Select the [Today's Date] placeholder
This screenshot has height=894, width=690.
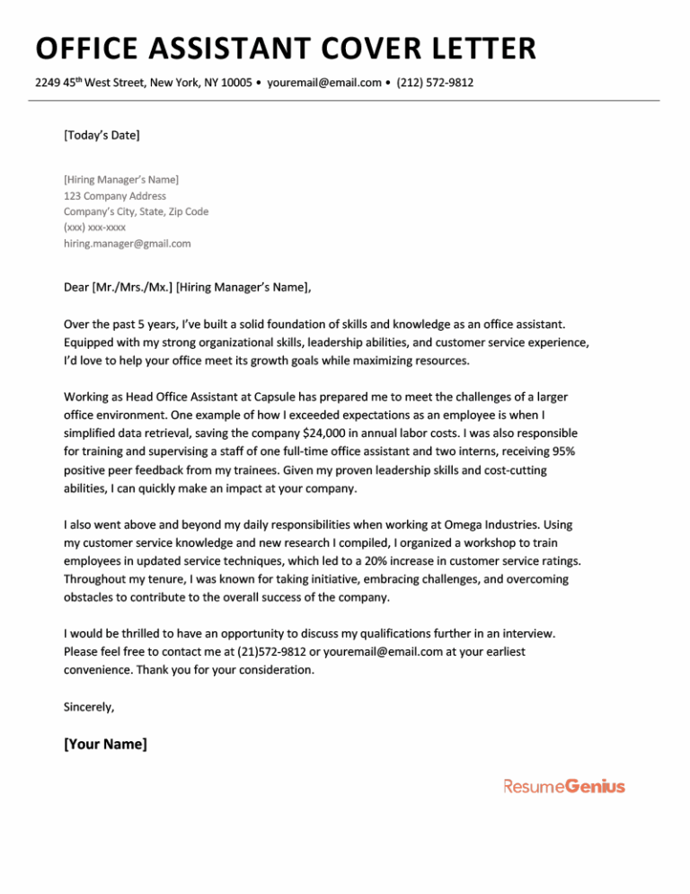(102, 136)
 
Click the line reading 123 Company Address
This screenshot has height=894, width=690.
(115, 195)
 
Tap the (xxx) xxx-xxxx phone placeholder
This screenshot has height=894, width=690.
(95, 228)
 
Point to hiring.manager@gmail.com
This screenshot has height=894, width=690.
(128, 244)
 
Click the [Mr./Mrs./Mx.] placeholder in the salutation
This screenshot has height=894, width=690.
(132, 288)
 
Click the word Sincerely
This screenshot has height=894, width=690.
(89, 706)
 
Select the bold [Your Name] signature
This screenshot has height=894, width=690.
(105, 745)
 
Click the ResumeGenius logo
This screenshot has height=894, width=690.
(563, 787)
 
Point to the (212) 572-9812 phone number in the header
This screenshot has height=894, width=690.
(435, 84)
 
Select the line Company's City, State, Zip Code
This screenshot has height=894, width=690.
(136, 211)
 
